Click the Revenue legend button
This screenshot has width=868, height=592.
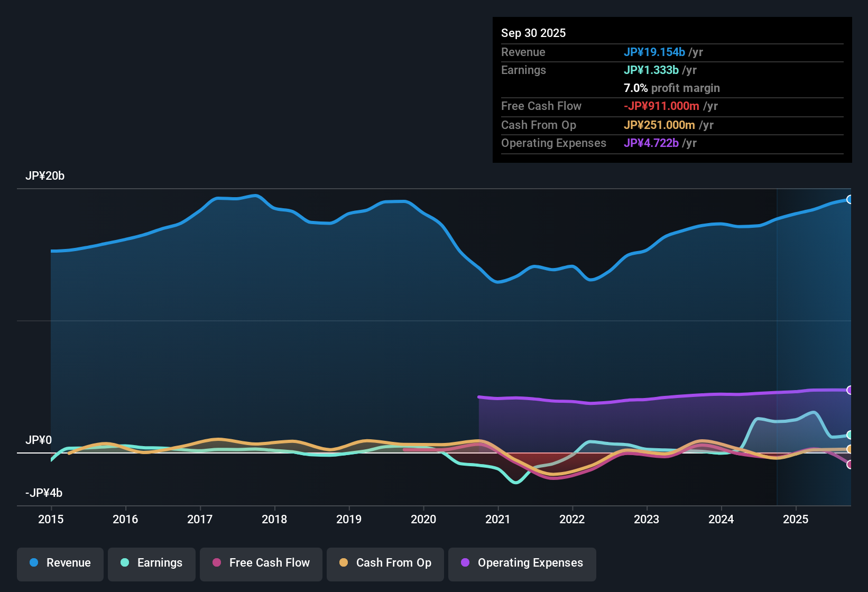click(60, 563)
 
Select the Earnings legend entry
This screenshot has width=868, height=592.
click(152, 563)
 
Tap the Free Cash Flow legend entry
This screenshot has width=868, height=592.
click(261, 563)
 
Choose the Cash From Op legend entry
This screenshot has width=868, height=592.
click(385, 563)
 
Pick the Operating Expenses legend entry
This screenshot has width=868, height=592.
click(522, 563)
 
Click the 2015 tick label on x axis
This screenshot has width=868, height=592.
click(51, 520)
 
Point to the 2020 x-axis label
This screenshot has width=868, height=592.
click(423, 520)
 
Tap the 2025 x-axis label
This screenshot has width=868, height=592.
click(796, 520)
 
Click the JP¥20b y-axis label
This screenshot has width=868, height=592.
click(45, 176)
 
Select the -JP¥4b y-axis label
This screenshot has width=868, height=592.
click(44, 493)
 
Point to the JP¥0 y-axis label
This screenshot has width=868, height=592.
click(39, 440)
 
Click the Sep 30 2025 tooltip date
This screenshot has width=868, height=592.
click(533, 33)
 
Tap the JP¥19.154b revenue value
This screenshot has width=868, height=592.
click(654, 52)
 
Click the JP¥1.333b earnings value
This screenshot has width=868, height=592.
click(651, 70)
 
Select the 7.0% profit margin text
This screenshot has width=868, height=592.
click(672, 88)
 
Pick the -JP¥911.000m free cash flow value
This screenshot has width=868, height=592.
click(661, 106)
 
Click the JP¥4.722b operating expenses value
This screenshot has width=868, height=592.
click(651, 143)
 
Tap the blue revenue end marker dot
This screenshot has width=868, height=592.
click(849, 199)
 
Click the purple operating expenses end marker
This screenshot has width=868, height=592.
click(849, 390)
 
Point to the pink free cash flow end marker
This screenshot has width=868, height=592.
click(849, 465)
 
